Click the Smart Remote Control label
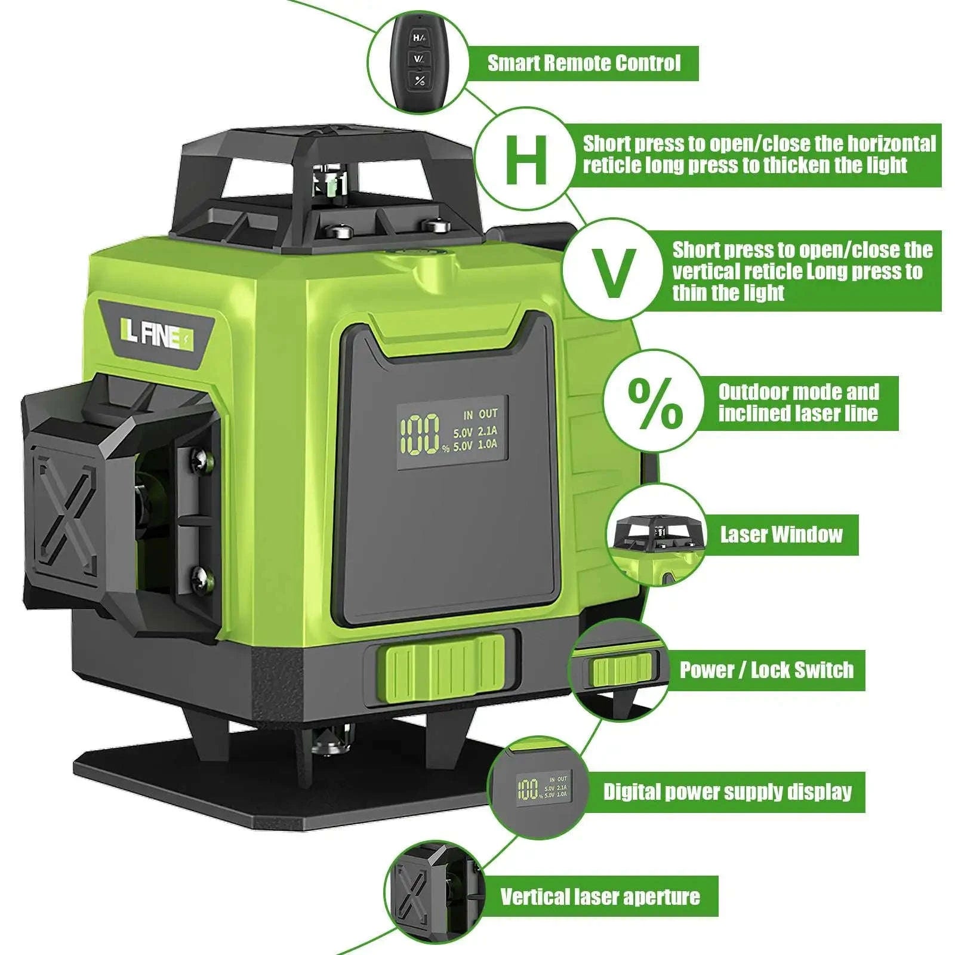coord(584,63)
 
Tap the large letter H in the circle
coord(526,159)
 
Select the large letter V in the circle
coord(611,273)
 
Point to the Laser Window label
coord(781,534)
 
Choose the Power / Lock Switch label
coord(766,670)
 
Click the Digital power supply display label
coord(727,791)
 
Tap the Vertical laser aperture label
coord(600,897)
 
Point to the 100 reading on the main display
coord(420,434)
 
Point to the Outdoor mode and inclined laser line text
coord(798,403)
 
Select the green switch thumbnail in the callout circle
coord(621,669)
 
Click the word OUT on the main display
coord(488,414)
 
